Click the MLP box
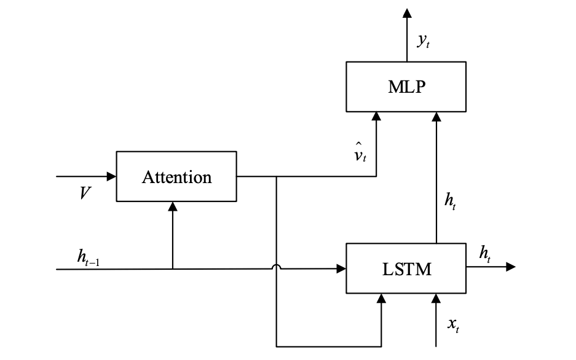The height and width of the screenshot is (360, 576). coord(406,87)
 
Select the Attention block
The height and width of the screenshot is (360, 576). coord(176,176)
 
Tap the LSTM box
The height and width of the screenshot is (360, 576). coord(406,268)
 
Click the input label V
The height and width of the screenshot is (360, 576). coord(85,194)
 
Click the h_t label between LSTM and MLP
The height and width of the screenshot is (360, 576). coord(451,201)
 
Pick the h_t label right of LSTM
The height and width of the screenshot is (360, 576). coord(485,253)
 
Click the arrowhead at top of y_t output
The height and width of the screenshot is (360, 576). coord(406,13)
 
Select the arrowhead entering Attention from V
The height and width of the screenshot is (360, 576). coord(111,176)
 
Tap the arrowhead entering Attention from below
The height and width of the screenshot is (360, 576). coord(173,207)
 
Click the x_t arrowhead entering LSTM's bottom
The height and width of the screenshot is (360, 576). coord(436,299)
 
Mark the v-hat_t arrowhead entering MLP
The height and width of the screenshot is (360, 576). coord(376,117)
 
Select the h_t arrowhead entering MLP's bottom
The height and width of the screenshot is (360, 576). coord(436,117)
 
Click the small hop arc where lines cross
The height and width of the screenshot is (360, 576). coord(277,267)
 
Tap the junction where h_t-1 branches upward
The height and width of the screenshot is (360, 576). coord(173,269)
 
